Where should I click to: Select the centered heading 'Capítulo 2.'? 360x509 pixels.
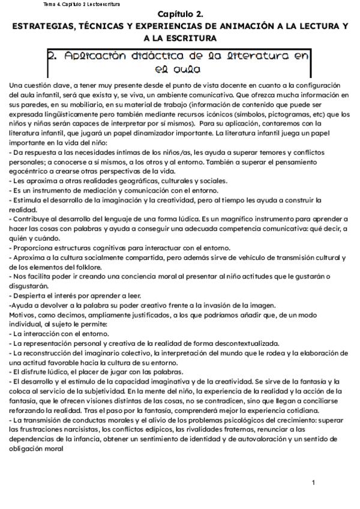[x=181, y=14]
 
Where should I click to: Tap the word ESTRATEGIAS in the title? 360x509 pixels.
[x=43, y=27]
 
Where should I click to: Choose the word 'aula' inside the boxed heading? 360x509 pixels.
[x=179, y=69]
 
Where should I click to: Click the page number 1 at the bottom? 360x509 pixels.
[x=313, y=483]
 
